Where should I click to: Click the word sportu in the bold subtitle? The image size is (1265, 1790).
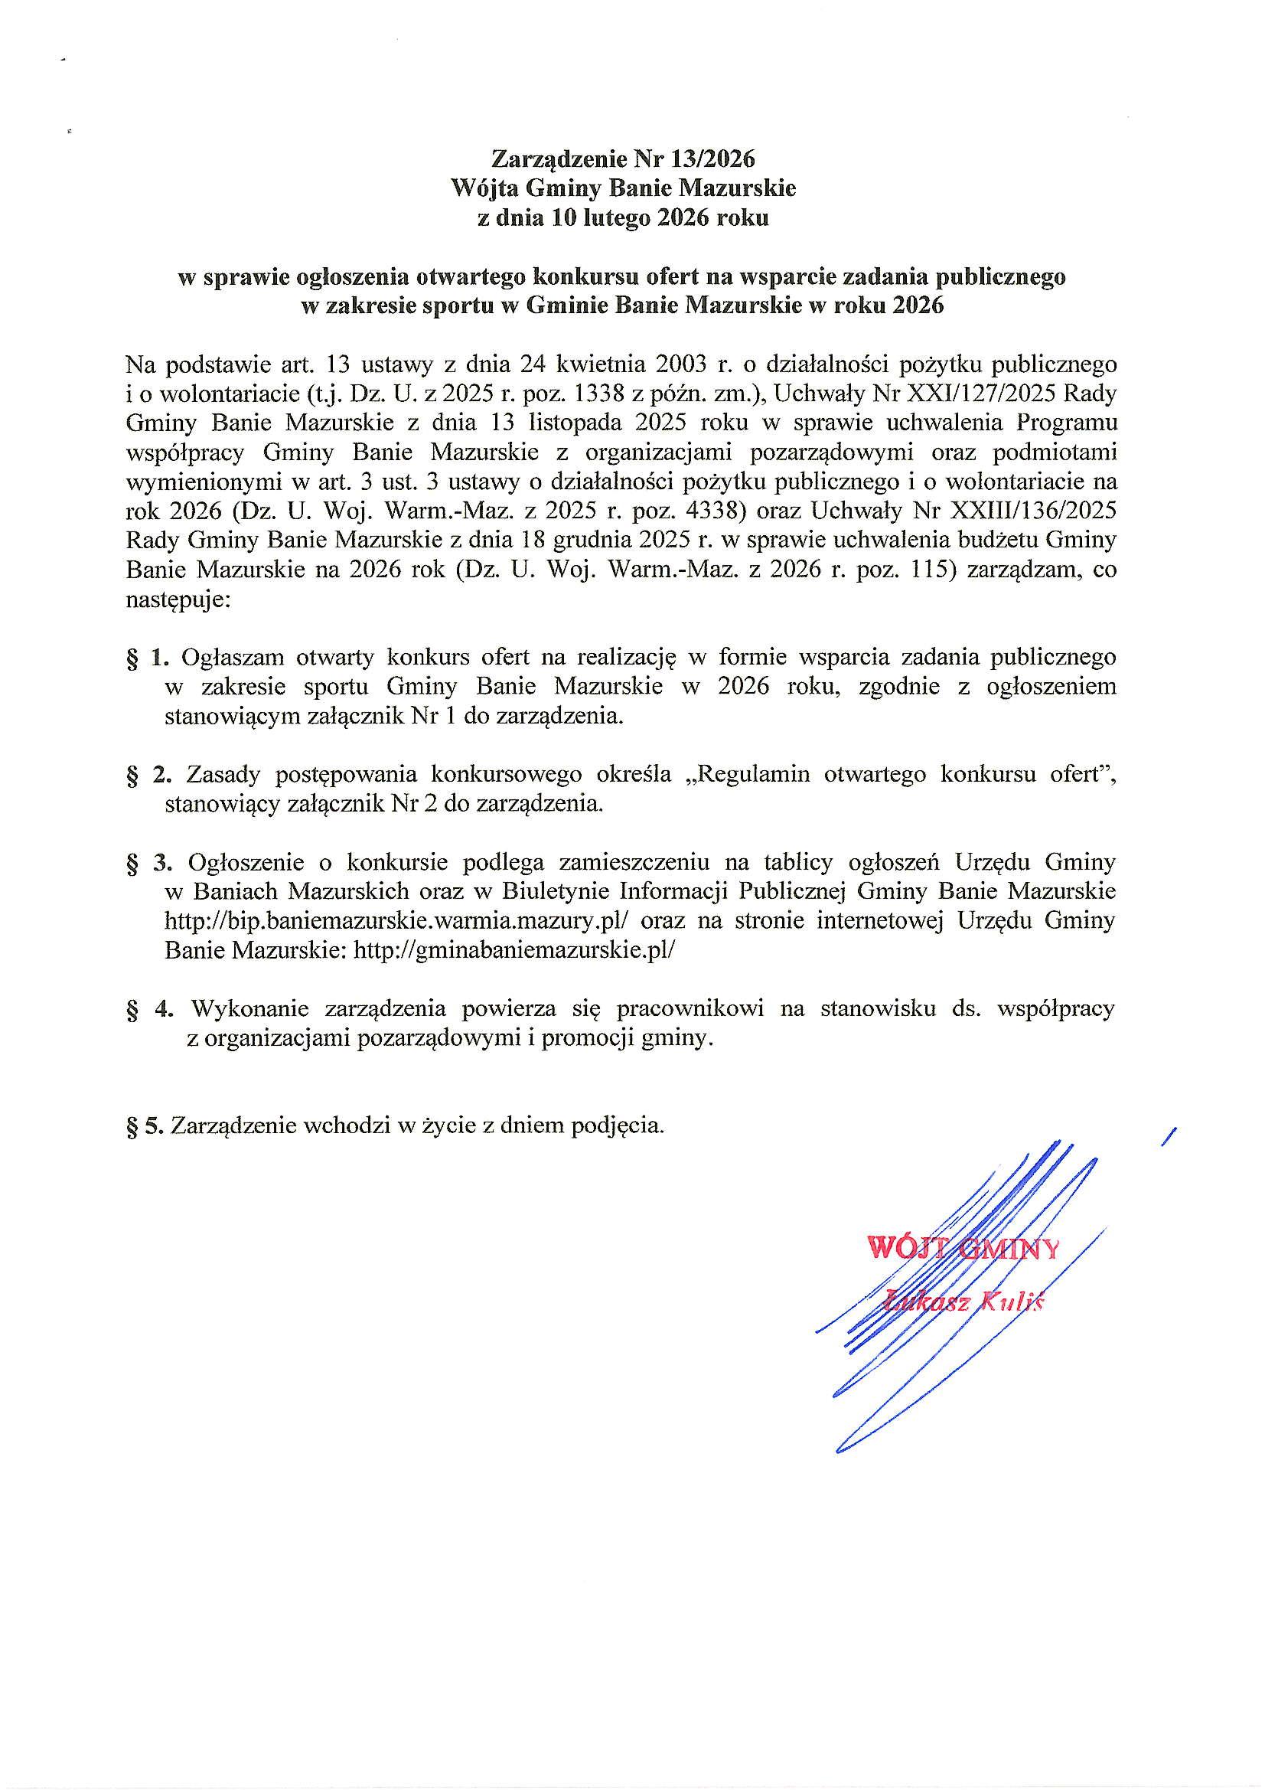[452, 305]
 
